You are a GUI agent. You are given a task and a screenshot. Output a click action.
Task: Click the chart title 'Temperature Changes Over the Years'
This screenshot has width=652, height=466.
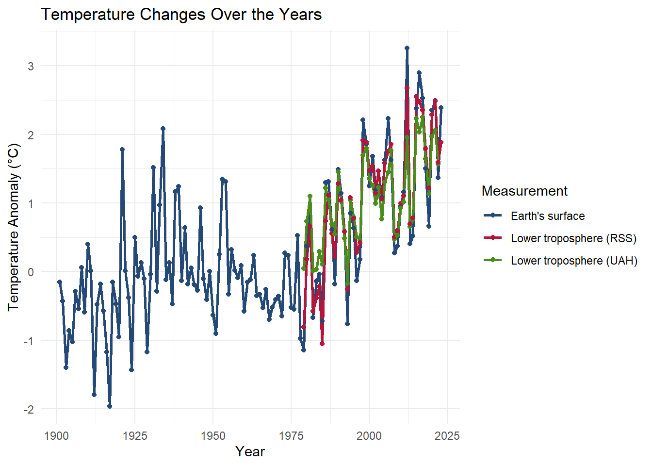point(181,15)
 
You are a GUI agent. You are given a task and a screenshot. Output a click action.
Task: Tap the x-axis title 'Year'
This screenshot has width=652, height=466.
point(250,451)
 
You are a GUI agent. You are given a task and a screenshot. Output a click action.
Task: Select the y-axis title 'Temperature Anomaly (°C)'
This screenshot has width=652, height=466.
point(13,227)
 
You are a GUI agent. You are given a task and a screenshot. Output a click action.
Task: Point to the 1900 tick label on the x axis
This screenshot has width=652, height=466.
point(56,436)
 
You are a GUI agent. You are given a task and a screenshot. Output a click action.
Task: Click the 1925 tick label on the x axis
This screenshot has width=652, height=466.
point(134,436)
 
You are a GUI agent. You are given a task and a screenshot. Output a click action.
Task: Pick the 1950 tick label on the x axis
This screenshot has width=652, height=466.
point(213,436)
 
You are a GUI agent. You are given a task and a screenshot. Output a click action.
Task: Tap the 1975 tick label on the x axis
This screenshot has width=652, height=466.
point(291,436)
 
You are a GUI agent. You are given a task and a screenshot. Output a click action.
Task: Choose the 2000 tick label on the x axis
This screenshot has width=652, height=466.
point(369,436)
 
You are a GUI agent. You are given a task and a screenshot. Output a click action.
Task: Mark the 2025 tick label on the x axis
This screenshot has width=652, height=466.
point(447,436)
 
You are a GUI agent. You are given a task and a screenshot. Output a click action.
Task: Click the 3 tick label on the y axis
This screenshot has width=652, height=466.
point(31,66)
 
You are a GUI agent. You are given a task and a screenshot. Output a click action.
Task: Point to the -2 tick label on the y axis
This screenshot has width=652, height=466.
point(29,409)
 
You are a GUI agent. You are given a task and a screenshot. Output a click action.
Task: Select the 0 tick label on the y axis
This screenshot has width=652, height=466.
point(31,272)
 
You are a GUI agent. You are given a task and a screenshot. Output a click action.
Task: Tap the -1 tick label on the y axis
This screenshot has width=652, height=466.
point(29,341)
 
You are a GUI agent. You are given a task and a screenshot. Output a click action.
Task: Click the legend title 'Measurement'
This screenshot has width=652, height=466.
point(524,191)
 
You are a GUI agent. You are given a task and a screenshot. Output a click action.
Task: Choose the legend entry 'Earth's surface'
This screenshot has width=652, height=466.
point(548,216)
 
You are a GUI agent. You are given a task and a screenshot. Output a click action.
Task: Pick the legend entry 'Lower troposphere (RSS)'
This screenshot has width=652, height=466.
point(573,238)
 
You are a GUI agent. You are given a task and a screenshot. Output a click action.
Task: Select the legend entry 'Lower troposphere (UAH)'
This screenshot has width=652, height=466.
point(574,261)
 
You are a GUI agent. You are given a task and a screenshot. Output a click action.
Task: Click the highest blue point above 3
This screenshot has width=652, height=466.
point(407,48)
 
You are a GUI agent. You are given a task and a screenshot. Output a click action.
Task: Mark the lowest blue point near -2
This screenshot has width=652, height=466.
point(110,406)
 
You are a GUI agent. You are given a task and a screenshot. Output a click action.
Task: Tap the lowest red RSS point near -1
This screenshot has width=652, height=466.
point(322,344)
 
